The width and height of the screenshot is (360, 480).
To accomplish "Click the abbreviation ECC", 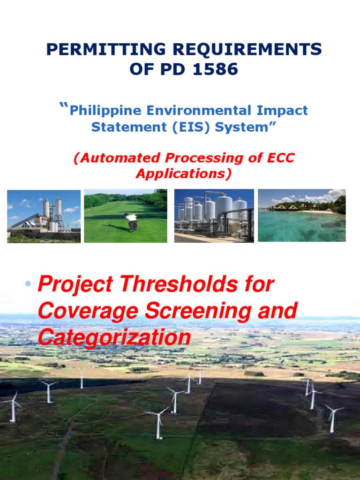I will click(280, 158).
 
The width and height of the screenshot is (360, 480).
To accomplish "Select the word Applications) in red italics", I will click(184, 174).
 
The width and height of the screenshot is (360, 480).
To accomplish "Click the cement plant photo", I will click(44, 216).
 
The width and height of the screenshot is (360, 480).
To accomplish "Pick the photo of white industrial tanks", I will click(214, 216).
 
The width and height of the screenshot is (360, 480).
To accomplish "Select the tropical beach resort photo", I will click(302, 216).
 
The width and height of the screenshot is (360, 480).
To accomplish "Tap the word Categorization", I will click(114, 337).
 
